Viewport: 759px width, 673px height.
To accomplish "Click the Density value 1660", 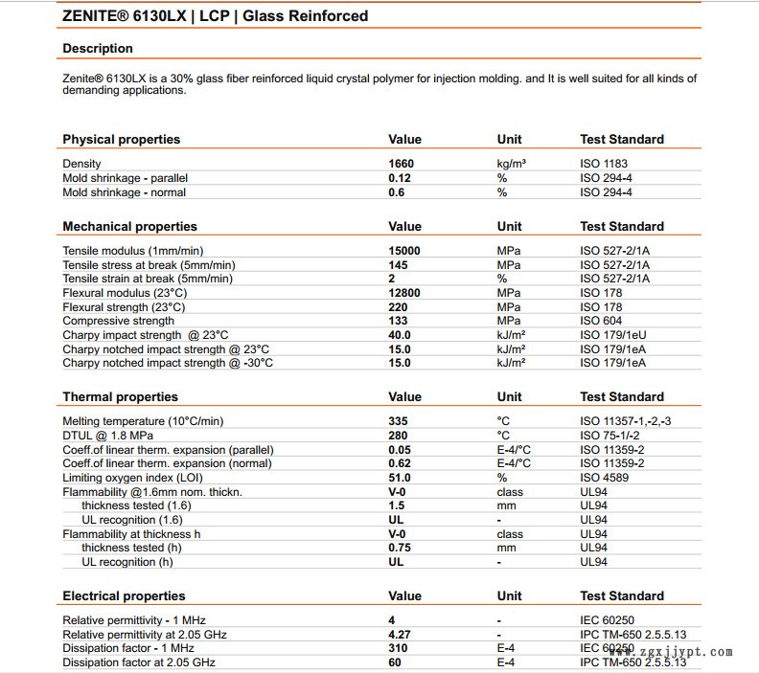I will [x=401, y=164].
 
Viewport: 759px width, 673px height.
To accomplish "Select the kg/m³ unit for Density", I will [x=512, y=164].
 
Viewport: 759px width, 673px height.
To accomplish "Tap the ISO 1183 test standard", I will [x=606, y=164].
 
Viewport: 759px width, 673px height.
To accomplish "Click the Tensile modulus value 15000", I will [x=404, y=251].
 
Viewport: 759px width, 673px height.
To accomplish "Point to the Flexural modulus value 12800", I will [x=404, y=293].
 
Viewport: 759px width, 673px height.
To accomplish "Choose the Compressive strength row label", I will [x=119, y=321].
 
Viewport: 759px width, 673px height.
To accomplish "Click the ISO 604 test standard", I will [x=601, y=321].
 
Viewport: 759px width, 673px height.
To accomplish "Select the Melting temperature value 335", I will [x=398, y=421].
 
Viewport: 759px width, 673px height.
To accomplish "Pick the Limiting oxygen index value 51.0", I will [x=400, y=478].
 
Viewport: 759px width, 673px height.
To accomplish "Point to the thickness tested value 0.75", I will [x=400, y=548].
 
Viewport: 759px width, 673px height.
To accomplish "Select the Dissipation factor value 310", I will [x=398, y=648].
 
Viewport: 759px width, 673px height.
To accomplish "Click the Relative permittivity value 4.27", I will [x=400, y=634].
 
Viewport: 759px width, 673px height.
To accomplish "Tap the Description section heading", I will [x=98, y=49].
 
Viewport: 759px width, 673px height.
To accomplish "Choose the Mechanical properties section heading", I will [x=129, y=227].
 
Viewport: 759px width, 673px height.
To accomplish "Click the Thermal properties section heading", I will [x=120, y=397].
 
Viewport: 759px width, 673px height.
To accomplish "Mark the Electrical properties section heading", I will [x=124, y=596].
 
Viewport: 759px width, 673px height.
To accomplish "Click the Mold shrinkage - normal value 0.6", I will [x=395, y=192].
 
